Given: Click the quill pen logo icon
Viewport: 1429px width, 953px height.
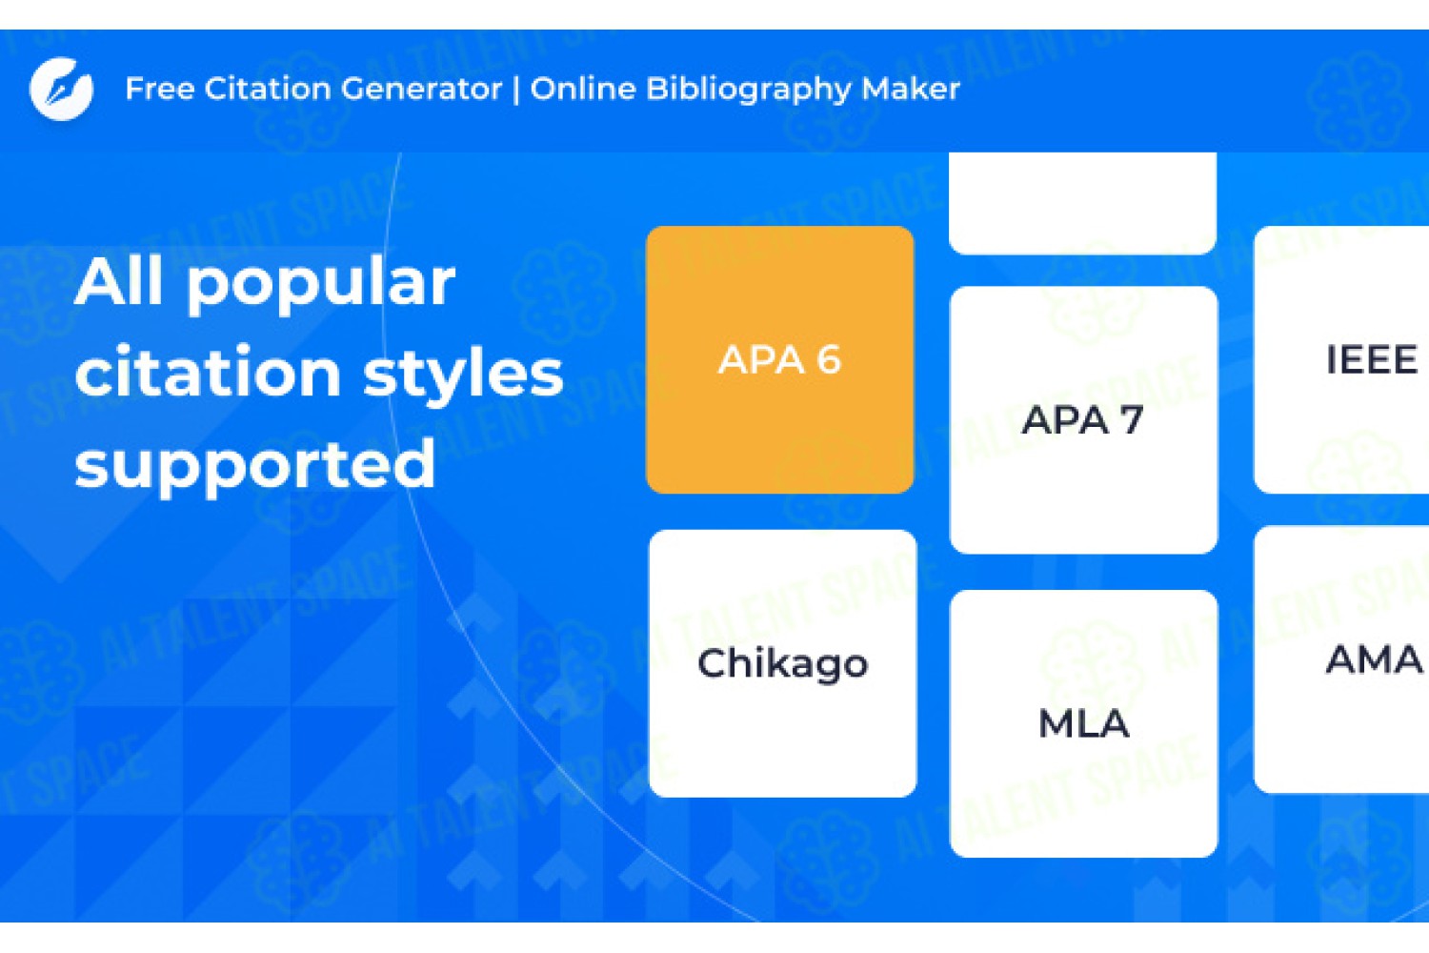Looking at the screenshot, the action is point(61,89).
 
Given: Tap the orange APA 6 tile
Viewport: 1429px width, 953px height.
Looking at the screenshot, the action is point(779,360).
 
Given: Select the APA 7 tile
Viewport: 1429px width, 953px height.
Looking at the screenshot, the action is point(1083,420).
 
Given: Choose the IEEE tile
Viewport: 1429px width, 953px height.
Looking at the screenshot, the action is point(1341,360).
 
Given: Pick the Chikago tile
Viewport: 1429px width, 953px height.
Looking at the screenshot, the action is point(783,663).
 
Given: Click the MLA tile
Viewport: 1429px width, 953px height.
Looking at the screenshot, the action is point(1083,724).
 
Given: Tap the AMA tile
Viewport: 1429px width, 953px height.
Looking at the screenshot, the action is point(1341,659).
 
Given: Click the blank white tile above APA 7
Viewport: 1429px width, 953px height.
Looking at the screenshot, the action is point(1082,204).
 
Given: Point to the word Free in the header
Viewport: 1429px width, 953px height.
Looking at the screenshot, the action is point(159,89).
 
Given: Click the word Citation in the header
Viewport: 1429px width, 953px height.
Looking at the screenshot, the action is point(268,89).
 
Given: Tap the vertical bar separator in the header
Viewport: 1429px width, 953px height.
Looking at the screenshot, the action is point(516,89).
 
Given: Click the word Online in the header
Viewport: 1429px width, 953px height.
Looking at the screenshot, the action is point(583,89).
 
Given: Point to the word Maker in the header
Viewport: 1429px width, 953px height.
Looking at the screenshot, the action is point(911,89).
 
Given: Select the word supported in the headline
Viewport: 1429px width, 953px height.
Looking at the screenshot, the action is point(255,466).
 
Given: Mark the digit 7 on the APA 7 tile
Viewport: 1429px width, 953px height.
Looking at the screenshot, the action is point(1132,420).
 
